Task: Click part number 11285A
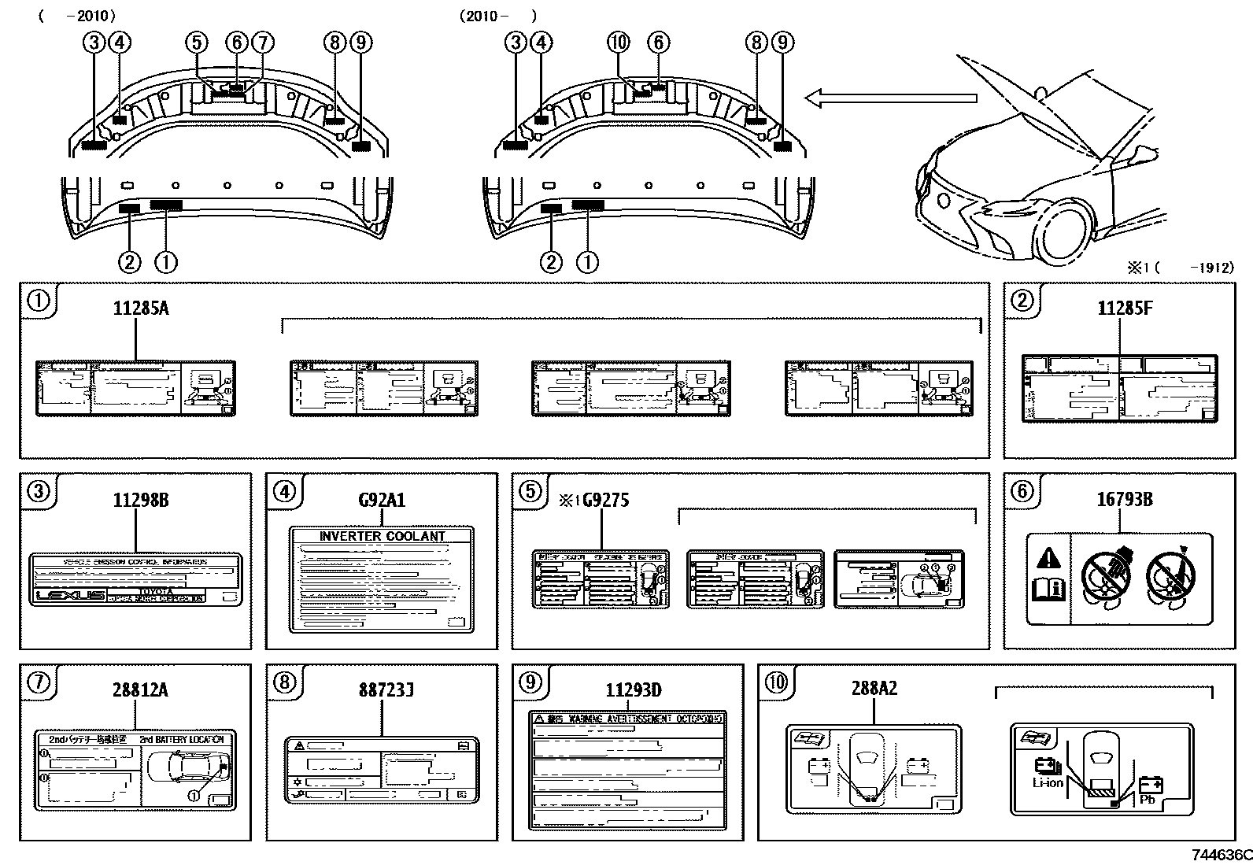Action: (x=141, y=309)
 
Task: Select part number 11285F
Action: (x=1125, y=309)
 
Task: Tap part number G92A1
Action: (x=382, y=500)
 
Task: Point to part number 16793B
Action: (x=1125, y=499)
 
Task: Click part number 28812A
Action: (x=139, y=690)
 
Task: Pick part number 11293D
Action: (x=633, y=690)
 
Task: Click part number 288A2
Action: (x=874, y=689)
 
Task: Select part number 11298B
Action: (x=140, y=500)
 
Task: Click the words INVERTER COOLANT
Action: (x=382, y=537)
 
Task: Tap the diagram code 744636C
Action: (x=1220, y=855)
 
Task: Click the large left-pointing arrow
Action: (x=889, y=98)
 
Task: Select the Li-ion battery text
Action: (x=1048, y=782)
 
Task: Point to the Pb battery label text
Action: (x=1147, y=800)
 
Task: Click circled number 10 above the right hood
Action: (x=619, y=42)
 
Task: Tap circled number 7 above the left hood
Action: (x=262, y=43)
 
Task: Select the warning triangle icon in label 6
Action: (x=1048, y=560)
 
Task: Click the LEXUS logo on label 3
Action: (x=71, y=596)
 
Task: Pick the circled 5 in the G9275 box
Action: (x=530, y=492)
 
